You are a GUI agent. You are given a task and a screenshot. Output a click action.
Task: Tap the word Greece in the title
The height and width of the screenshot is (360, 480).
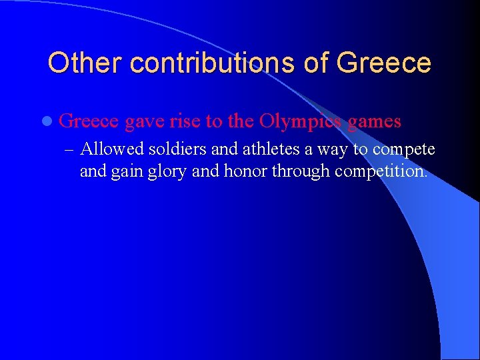(x=384, y=63)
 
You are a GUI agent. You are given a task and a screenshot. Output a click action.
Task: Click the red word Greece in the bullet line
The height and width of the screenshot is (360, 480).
(x=89, y=121)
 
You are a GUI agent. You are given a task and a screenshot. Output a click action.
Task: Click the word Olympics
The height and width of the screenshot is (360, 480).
(x=300, y=122)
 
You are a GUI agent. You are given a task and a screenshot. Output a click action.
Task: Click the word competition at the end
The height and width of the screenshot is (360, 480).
(x=381, y=171)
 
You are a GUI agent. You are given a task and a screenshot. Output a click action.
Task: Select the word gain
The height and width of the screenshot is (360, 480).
(x=121, y=172)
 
